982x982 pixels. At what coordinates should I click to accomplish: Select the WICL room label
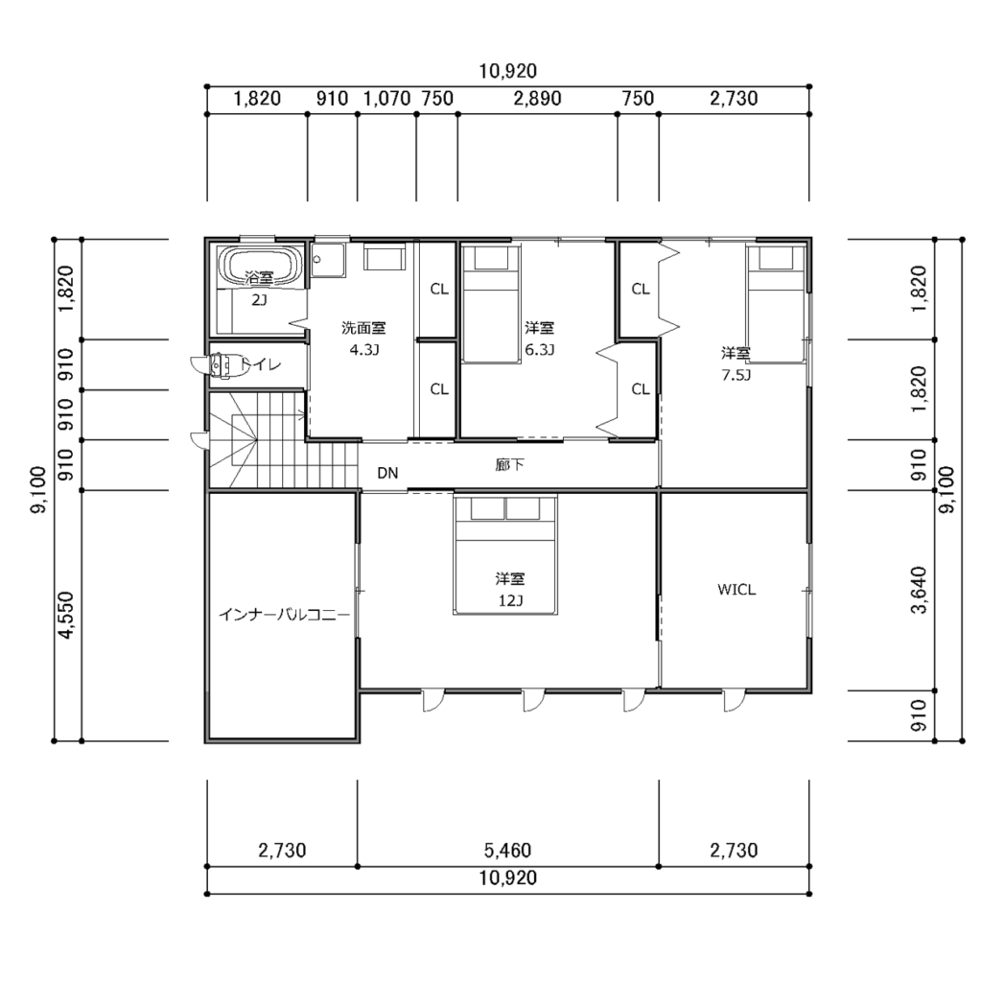point(736,590)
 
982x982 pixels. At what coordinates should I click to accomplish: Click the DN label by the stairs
point(387,473)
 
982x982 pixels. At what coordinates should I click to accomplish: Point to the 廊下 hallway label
point(510,465)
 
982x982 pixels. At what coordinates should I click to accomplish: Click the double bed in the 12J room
point(505,555)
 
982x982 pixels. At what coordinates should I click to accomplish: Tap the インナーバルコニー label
point(284,615)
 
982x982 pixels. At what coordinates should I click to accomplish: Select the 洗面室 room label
point(363,328)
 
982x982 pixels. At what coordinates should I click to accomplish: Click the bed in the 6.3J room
point(492,304)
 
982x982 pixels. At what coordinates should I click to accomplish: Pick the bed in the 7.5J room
point(775,304)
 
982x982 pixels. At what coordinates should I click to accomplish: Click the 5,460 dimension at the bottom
point(507,850)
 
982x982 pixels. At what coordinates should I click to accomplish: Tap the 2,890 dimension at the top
point(537,99)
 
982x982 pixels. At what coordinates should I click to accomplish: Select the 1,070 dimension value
point(387,99)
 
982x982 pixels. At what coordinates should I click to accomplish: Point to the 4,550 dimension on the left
point(66,616)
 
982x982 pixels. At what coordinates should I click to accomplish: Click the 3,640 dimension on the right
point(918,590)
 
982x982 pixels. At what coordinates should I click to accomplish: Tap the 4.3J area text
point(363,349)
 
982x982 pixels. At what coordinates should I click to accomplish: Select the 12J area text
point(510,600)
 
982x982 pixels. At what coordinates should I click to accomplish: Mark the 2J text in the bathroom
point(259,300)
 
